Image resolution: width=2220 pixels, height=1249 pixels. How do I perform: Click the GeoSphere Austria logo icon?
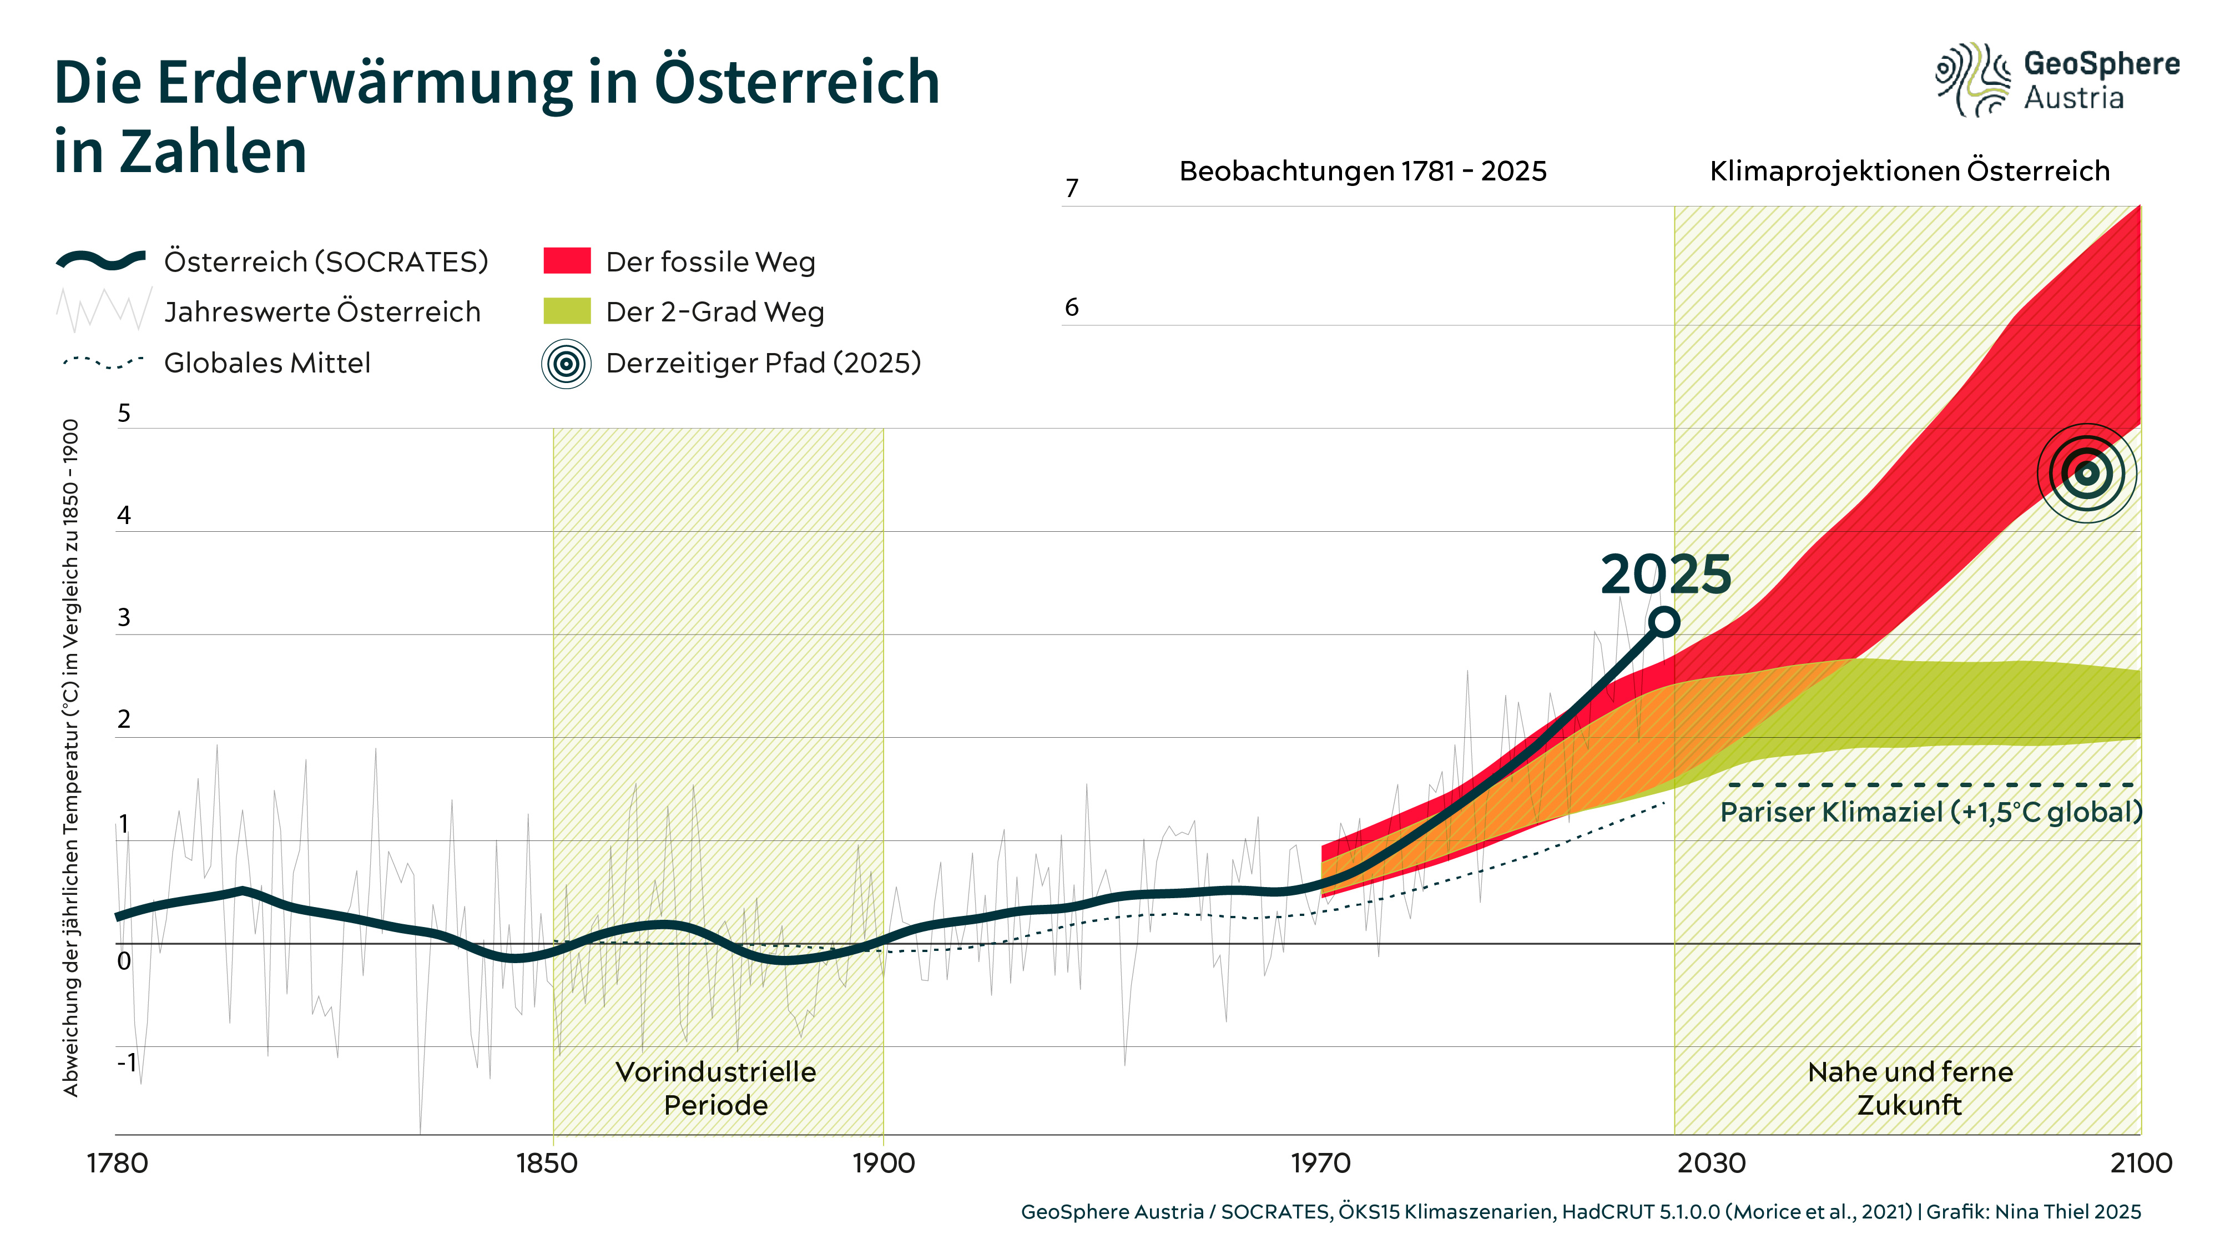(x=1972, y=79)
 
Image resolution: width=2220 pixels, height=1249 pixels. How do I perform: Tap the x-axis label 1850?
(x=546, y=1164)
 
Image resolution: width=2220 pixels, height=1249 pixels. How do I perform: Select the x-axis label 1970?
(x=1320, y=1164)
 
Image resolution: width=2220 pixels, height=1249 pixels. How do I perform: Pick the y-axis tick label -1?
(x=127, y=1062)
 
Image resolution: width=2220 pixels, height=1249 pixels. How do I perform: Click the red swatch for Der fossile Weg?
(x=566, y=261)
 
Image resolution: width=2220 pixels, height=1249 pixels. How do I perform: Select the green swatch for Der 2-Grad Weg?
(x=566, y=311)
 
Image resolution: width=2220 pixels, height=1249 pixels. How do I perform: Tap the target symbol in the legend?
(x=566, y=364)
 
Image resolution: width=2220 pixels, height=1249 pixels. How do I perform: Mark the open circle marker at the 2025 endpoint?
(x=1664, y=622)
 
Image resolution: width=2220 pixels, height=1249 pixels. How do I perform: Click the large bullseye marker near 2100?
(x=2086, y=473)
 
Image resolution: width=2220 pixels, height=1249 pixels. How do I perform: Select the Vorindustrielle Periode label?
(x=715, y=1088)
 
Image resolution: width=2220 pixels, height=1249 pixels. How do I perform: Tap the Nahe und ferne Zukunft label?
(x=1910, y=1088)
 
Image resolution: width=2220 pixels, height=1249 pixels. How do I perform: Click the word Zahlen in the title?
(x=213, y=152)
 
